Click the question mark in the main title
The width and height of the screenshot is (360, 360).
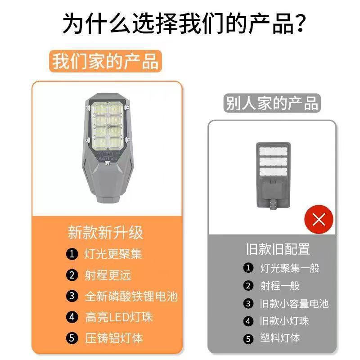click(298, 23)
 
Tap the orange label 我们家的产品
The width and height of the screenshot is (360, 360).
click(105, 61)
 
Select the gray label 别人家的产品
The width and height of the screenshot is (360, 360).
click(272, 103)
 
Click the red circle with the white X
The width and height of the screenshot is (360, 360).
click(319, 220)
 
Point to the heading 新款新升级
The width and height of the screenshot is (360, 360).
click(105, 233)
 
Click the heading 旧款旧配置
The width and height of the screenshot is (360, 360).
click(278, 249)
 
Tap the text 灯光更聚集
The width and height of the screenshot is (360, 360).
click(113, 254)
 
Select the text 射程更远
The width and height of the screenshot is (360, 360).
click(108, 275)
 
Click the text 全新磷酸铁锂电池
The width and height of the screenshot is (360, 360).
click(131, 296)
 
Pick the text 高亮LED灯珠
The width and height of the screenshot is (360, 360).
click(119, 317)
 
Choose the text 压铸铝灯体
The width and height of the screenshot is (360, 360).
click(114, 338)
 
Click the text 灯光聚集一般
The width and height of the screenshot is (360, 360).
click(290, 268)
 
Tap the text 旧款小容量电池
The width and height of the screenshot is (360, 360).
click(294, 303)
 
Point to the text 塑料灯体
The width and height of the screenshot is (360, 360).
click(280, 338)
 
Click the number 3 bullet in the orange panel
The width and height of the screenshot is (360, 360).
click(72, 296)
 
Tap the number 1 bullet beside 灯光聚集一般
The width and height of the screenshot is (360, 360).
click(248, 268)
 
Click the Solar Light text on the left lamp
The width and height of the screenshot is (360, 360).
click(108, 158)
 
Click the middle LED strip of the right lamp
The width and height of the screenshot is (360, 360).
click(273, 162)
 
